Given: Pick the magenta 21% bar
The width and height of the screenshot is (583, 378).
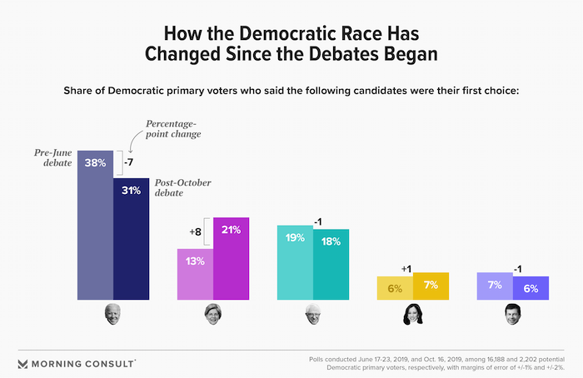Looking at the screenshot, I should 231,258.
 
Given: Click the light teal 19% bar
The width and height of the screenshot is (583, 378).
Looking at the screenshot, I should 295,262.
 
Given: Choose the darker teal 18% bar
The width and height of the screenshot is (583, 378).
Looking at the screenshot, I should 331,264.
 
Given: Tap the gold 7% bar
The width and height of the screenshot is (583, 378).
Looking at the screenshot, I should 431,286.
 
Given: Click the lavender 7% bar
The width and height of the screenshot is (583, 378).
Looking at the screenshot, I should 494,286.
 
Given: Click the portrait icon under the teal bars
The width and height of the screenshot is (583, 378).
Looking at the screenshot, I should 312,315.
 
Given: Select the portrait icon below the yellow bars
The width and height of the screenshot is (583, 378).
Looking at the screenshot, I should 412,315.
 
